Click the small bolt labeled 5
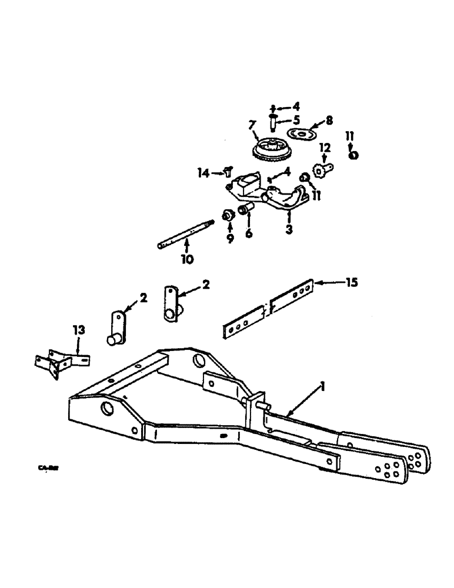coord(273,123)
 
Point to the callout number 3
coord(289,229)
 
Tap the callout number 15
coord(351,283)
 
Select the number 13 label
coord(79,331)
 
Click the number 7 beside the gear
coord(251,125)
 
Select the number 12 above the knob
coord(324,147)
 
